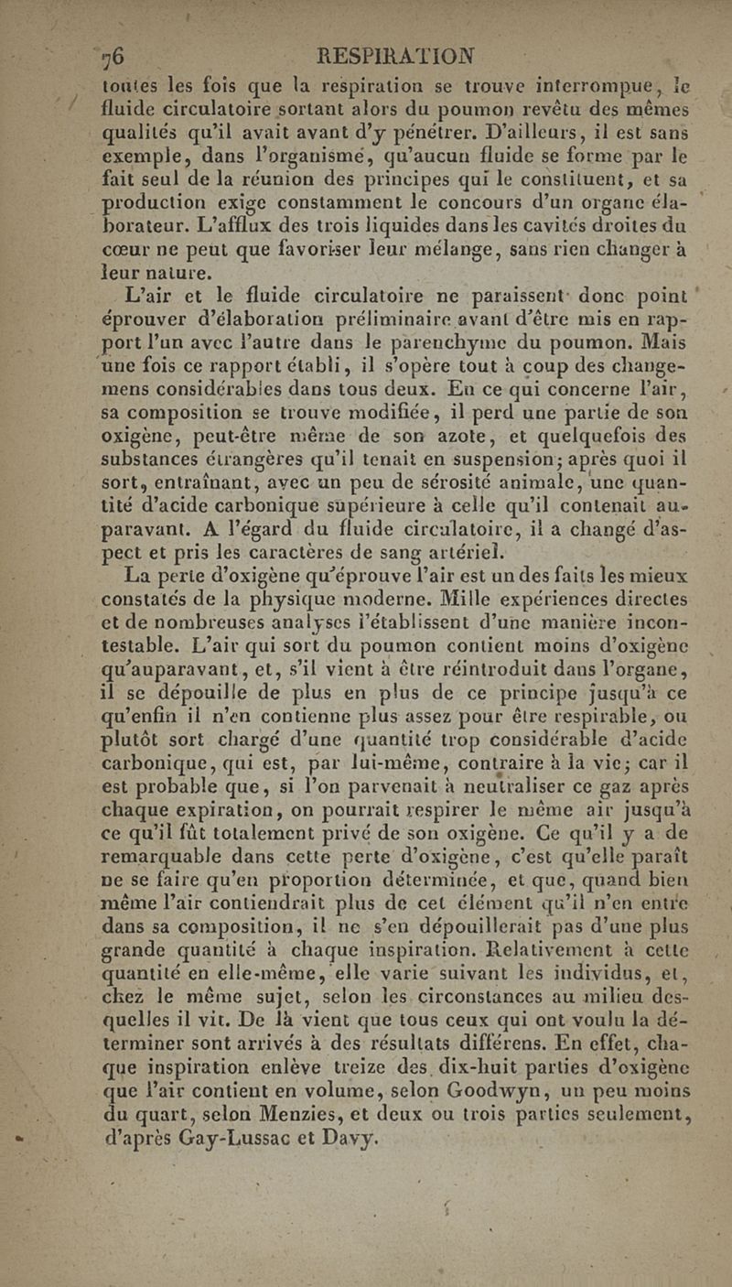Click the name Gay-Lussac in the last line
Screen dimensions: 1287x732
click(x=229, y=1115)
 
